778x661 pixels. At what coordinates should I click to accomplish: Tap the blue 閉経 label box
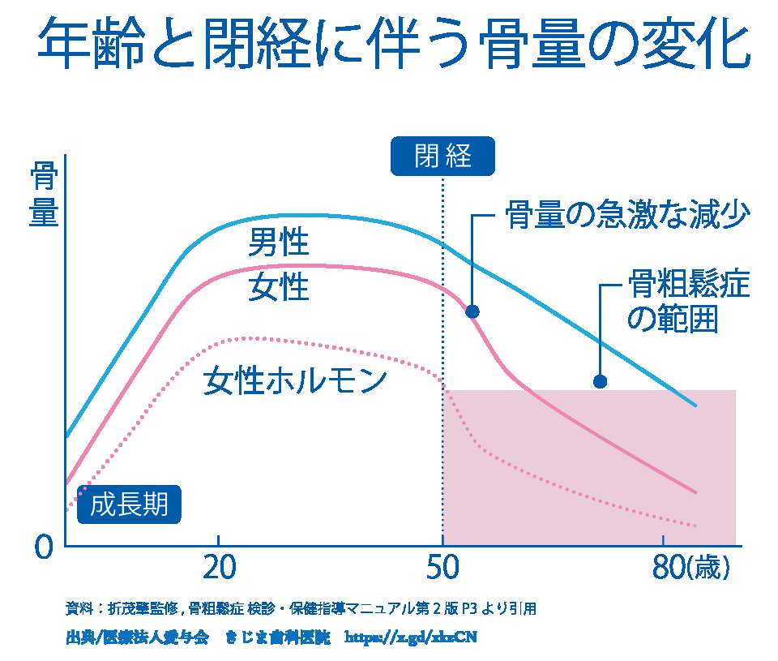click(442, 156)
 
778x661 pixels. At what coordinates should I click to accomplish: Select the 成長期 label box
click(130, 504)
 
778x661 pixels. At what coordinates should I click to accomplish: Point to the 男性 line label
click(279, 242)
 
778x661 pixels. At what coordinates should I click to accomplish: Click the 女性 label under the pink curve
click(279, 286)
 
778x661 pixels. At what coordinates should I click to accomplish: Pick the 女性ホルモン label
click(295, 380)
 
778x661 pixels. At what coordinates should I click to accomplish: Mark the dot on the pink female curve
click(472, 311)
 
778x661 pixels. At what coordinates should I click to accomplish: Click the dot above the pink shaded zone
click(600, 381)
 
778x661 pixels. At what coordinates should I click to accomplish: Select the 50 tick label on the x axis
click(442, 569)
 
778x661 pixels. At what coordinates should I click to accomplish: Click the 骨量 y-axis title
click(44, 195)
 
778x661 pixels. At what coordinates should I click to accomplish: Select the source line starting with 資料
click(301, 607)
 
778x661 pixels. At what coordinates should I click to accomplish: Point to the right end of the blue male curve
click(695, 405)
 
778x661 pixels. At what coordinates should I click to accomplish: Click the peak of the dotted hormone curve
click(251, 337)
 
